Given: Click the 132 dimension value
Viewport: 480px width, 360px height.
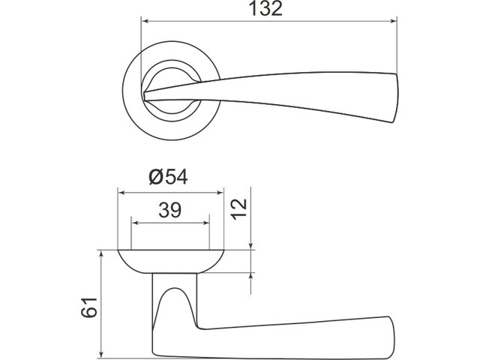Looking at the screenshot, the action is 265,8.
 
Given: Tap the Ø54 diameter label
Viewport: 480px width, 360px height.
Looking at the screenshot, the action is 168,177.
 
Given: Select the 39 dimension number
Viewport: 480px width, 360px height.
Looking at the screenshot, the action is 170,210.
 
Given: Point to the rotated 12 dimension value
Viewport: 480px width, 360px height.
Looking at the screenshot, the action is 238,209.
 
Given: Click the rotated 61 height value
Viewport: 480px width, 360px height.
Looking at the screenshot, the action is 89,307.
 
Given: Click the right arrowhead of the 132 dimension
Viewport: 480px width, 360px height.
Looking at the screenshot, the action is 393,21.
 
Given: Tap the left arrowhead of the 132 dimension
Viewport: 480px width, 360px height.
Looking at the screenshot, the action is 145,21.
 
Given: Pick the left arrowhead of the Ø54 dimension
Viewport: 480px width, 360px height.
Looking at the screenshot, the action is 121,193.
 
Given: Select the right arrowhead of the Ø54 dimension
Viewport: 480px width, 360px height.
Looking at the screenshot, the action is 220,193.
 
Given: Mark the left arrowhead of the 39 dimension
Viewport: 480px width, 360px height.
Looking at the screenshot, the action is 135,223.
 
